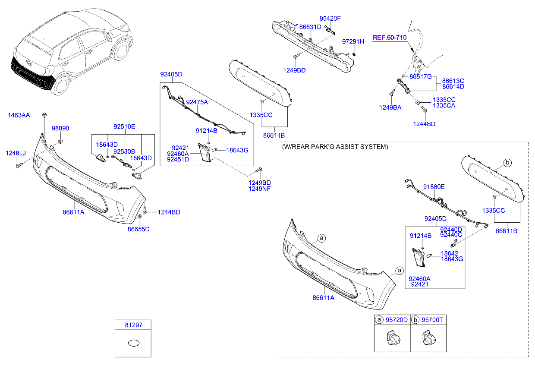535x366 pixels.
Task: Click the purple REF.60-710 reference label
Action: [390, 38]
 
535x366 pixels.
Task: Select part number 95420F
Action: [330, 19]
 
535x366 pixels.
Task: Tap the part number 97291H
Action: [353, 41]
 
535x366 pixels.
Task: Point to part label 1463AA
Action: [19, 115]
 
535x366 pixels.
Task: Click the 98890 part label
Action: [60, 128]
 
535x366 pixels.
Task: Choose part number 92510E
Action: [124, 126]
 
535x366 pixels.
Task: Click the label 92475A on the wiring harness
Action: [197, 102]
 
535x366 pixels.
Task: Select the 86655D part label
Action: [138, 229]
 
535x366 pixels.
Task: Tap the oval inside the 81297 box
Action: [134, 343]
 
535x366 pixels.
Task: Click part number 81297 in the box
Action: [134, 325]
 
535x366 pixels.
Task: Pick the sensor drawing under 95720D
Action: [393, 338]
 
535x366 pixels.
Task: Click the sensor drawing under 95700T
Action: [428, 338]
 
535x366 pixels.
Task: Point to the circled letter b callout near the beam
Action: [507, 163]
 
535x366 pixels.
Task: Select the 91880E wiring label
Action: [434, 187]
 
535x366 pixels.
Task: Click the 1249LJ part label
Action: [16, 153]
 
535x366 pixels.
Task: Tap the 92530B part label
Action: [124, 151]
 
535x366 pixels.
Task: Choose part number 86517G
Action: [421, 77]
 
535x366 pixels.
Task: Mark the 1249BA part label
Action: [390, 107]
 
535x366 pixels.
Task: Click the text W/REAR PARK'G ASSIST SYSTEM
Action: [335, 147]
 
